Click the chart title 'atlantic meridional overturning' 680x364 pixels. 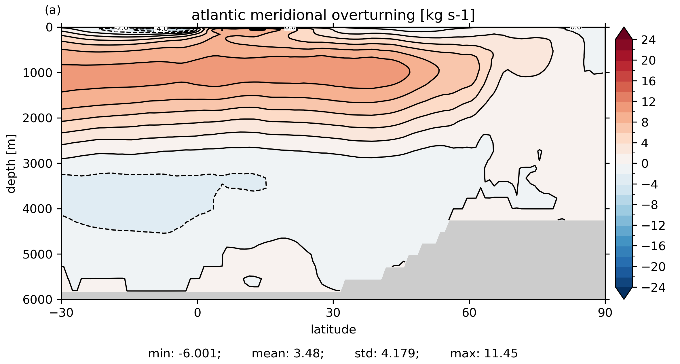click(x=333, y=15)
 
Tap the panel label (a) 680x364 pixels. click(x=53, y=10)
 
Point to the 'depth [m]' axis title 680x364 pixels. click(x=11, y=163)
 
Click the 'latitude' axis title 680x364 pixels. click(x=333, y=329)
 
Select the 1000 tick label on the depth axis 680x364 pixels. click(x=38, y=73)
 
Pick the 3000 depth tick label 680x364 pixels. click(x=38, y=164)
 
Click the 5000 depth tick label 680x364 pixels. click(x=38, y=254)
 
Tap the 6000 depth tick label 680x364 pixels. click(x=38, y=300)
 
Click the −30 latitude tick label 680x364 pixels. click(x=61, y=313)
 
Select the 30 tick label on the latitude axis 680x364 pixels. click(x=333, y=313)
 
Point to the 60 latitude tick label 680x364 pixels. click(x=469, y=313)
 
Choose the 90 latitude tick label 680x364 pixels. click(x=605, y=313)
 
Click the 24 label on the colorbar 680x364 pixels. click(x=648, y=40)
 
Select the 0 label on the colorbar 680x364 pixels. click(x=645, y=164)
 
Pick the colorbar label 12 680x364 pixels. click(x=648, y=102)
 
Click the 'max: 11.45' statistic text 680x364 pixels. click(x=484, y=353)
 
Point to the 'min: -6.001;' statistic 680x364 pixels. click(x=184, y=353)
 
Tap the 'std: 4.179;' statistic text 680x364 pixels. click(x=387, y=353)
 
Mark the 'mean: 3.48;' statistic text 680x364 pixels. click(x=288, y=353)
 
